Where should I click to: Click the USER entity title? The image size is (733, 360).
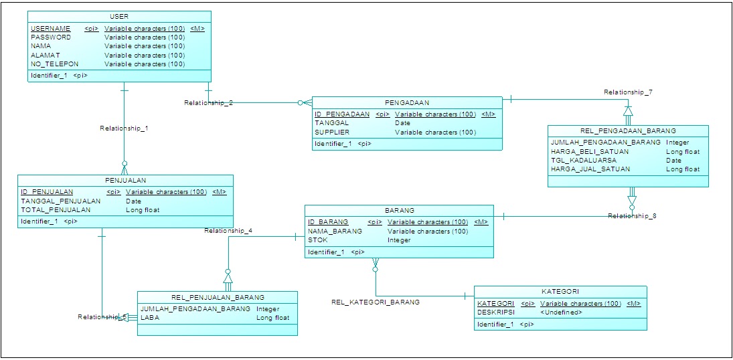[118, 16]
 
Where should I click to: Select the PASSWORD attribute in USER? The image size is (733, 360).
[51, 37]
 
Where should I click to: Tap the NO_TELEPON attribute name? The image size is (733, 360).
[54, 64]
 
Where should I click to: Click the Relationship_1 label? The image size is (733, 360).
[124, 127]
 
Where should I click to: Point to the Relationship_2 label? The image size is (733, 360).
[209, 102]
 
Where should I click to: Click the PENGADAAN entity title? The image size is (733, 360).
[407, 103]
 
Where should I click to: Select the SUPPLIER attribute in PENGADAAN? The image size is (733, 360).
[333, 132]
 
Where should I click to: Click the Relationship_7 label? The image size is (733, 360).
[629, 92]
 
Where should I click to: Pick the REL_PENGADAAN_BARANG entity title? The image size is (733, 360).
[627, 130]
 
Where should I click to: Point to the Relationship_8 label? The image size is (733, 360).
[633, 215]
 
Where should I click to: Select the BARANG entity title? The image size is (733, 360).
[399, 210]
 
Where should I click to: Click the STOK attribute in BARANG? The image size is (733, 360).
[317, 240]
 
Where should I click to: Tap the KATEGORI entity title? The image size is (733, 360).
[560, 292]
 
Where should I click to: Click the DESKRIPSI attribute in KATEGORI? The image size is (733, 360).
[495, 312]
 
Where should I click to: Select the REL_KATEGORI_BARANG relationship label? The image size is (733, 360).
[376, 302]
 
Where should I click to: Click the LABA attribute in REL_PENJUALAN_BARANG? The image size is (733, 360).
[149, 318]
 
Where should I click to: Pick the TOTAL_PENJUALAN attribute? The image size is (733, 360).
[56, 209]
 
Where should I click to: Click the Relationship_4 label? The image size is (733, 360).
[228, 230]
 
